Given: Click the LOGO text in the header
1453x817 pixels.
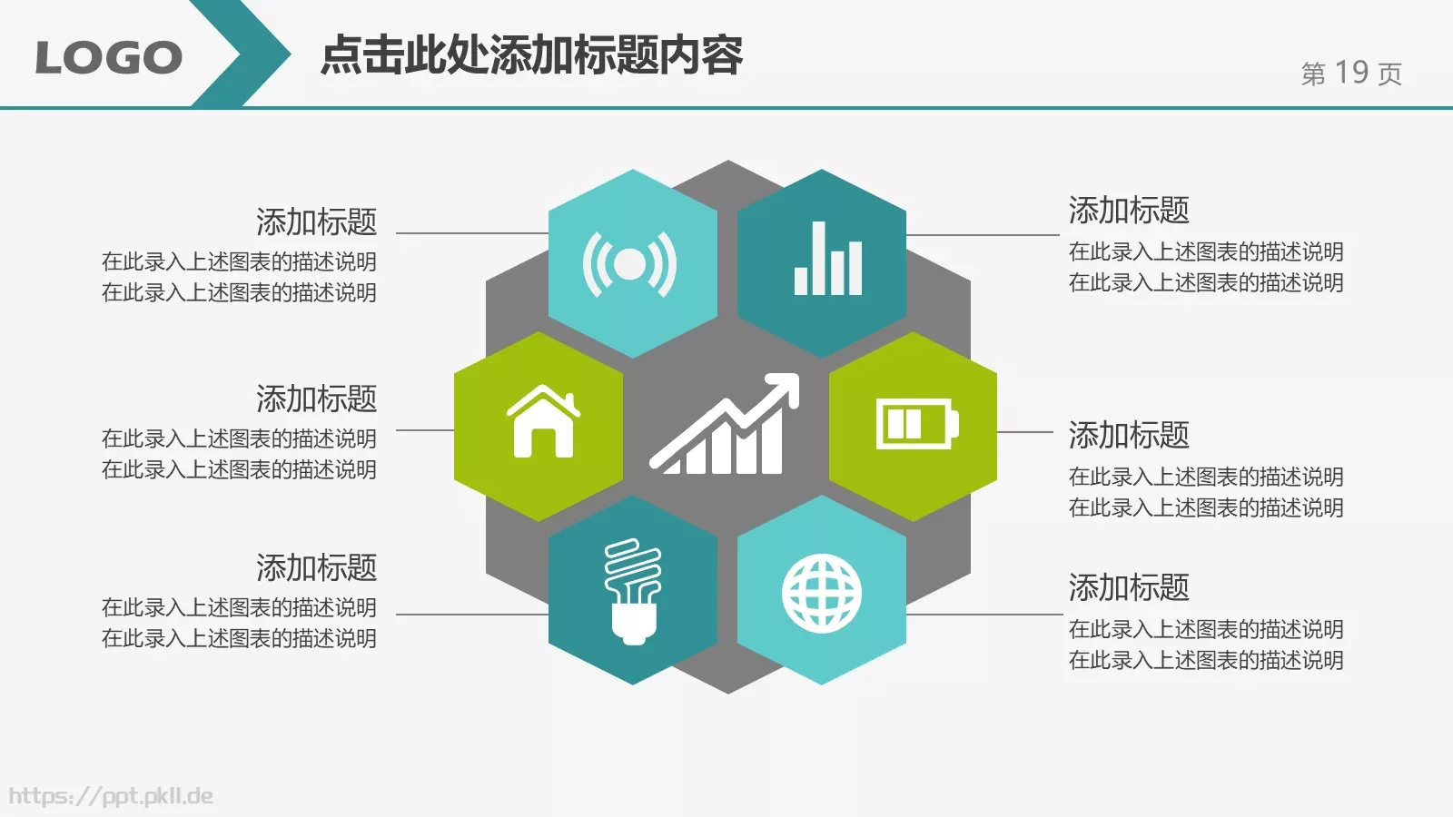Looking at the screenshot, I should coord(108,57).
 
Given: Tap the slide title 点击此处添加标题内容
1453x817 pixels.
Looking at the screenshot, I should coord(531,55).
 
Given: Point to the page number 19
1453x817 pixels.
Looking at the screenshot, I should coord(1351,73).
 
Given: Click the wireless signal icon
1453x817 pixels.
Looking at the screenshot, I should coord(629,264).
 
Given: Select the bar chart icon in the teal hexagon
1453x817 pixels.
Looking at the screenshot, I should coord(827,260).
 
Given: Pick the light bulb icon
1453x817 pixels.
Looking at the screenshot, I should coord(633,591).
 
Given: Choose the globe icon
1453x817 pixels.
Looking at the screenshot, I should coord(822,594).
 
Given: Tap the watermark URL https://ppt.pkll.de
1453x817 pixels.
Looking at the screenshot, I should coord(111,796).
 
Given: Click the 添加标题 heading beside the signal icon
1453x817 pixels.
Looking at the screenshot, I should coord(316,221).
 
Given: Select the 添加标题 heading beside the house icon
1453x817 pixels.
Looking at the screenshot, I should coord(316,399).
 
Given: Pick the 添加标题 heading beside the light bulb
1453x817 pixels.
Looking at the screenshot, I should coord(316,567).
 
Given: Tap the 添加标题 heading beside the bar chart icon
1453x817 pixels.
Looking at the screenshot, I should coord(1129,210).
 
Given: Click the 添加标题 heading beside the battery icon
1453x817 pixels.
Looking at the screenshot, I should coord(1129,435).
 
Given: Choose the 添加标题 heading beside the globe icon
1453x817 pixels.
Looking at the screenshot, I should coord(1129,587).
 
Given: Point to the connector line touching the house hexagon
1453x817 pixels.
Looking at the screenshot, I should coord(425,430).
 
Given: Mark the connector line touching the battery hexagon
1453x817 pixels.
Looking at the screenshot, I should coord(1026,431).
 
